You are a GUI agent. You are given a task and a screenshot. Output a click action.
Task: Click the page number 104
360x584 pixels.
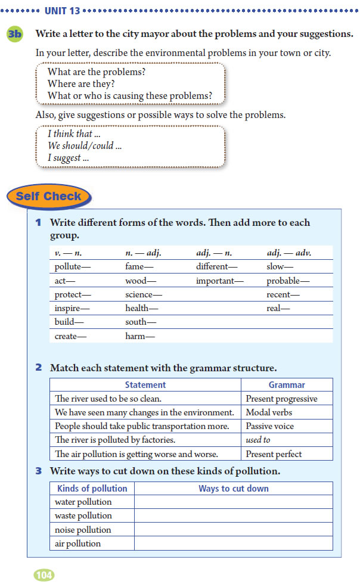click(44, 574)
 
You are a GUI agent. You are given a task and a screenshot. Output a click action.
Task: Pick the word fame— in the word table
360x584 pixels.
click(139, 267)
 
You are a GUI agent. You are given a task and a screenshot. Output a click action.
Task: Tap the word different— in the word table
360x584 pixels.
click(216, 267)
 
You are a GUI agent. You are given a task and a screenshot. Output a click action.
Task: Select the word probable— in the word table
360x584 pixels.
click(288, 281)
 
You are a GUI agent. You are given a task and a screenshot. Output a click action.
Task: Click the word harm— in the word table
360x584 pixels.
click(140, 336)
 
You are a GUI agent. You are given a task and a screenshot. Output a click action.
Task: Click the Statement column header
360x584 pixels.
click(145, 385)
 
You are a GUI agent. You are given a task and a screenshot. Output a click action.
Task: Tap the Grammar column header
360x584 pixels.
click(287, 385)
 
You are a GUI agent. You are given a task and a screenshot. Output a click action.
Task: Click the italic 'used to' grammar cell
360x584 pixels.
click(258, 440)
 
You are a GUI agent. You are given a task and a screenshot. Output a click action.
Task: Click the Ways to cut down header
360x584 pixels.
click(233, 488)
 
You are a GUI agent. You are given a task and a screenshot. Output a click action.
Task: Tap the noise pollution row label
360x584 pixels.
click(83, 530)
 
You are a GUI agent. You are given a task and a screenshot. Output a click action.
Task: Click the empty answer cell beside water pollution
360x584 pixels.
click(233, 502)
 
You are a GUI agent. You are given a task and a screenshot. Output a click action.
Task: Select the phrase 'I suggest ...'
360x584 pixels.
click(69, 158)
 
